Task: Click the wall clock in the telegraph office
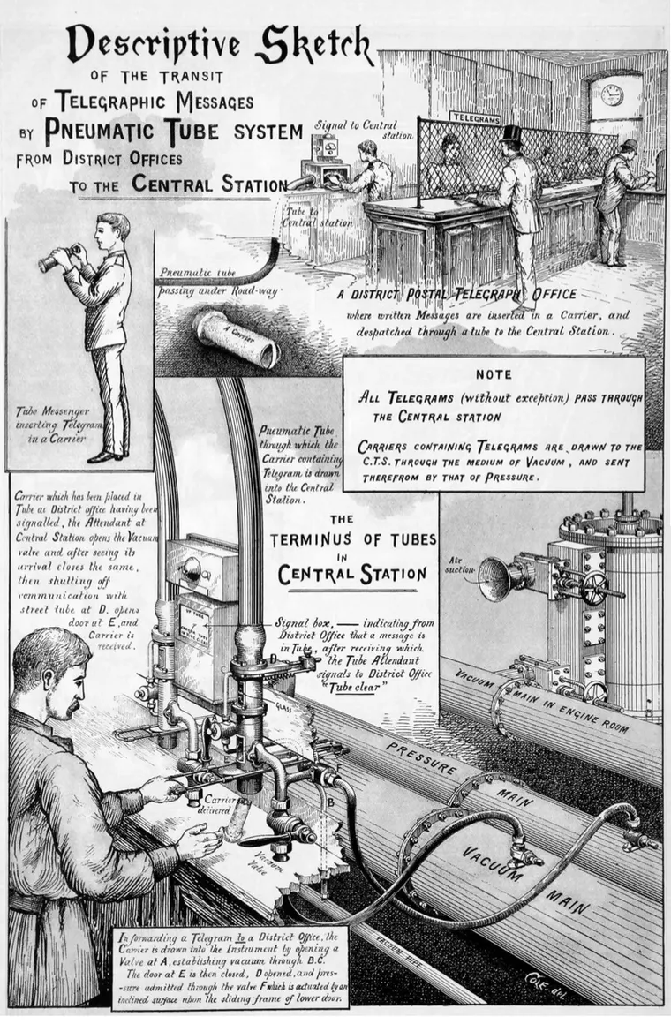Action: [612, 94]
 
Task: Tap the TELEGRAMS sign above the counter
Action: [476, 117]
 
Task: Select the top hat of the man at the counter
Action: [511, 134]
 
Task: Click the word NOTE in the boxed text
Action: [494, 374]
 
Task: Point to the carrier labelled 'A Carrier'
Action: [237, 336]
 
